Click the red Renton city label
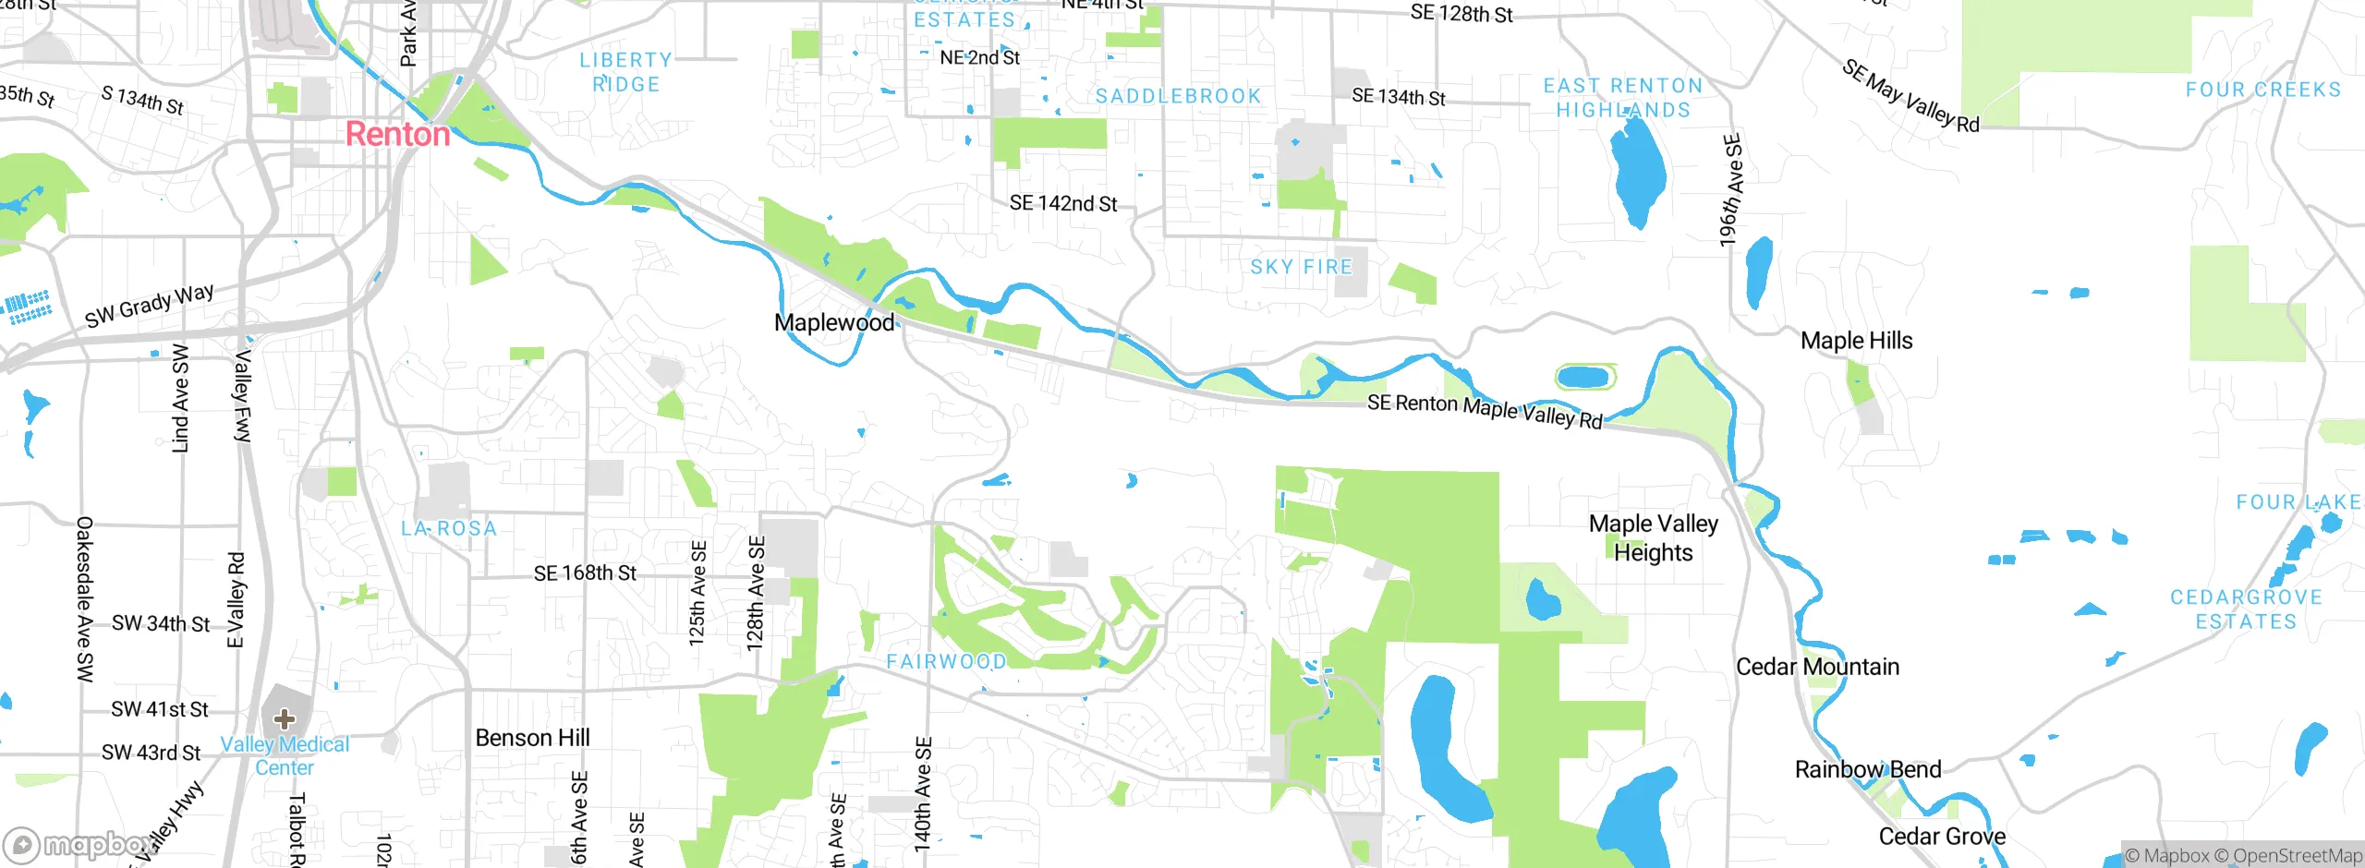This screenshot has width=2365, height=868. [x=397, y=135]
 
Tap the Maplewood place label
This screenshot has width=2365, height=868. [x=834, y=322]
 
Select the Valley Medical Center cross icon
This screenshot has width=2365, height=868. [x=285, y=719]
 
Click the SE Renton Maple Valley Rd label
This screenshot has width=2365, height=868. [x=1485, y=410]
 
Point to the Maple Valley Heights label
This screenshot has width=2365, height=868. [x=1653, y=537]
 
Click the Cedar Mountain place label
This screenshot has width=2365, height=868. [x=1817, y=667]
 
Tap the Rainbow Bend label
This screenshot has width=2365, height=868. [x=1867, y=769]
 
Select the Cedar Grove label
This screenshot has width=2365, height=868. [x=1942, y=837]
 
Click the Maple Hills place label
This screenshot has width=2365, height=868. [x=1856, y=341]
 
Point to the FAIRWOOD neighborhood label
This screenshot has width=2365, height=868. [x=946, y=661]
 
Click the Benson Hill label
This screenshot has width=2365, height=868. [x=532, y=738]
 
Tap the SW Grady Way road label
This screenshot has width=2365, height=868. [x=149, y=306]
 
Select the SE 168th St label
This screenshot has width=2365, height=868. [x=585, y=573]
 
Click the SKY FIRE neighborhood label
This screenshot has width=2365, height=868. [x=1301, y=267]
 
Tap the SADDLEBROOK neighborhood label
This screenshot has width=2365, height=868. [x=1178, y=96]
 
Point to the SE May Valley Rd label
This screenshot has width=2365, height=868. [x=1910, y=96]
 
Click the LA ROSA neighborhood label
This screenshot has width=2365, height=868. [x=449, y=528]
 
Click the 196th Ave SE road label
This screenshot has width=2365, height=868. [x=1731, y=190]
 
